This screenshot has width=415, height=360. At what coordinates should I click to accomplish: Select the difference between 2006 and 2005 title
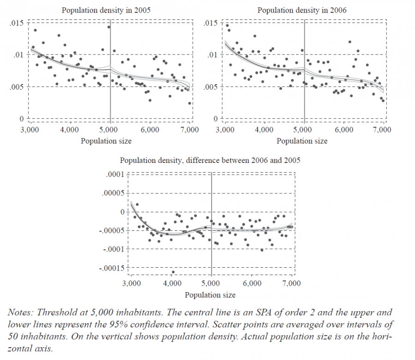(x=210, y=161)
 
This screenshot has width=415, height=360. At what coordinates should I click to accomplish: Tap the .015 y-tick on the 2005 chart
(x=17, y=22)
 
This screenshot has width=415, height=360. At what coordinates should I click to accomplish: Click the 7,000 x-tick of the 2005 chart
(x=190, y=130)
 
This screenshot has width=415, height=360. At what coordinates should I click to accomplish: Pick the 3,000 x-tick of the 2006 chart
(x=225, y=130)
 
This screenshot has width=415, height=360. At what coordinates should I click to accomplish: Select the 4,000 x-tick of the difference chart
(x=172, y=283)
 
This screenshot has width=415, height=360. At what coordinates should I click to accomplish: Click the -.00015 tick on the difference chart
(x=112, y=268)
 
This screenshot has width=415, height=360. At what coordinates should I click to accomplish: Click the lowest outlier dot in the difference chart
(x=173, y=272)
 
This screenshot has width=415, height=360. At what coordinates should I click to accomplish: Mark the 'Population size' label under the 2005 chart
(x=106, y=141)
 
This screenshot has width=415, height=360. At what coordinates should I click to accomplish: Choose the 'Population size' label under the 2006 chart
(x=302, y=141)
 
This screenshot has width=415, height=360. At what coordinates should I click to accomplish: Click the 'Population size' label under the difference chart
(x=210, y=294)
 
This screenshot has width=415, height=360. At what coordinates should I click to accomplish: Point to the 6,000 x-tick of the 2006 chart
(x=343, y=130)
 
